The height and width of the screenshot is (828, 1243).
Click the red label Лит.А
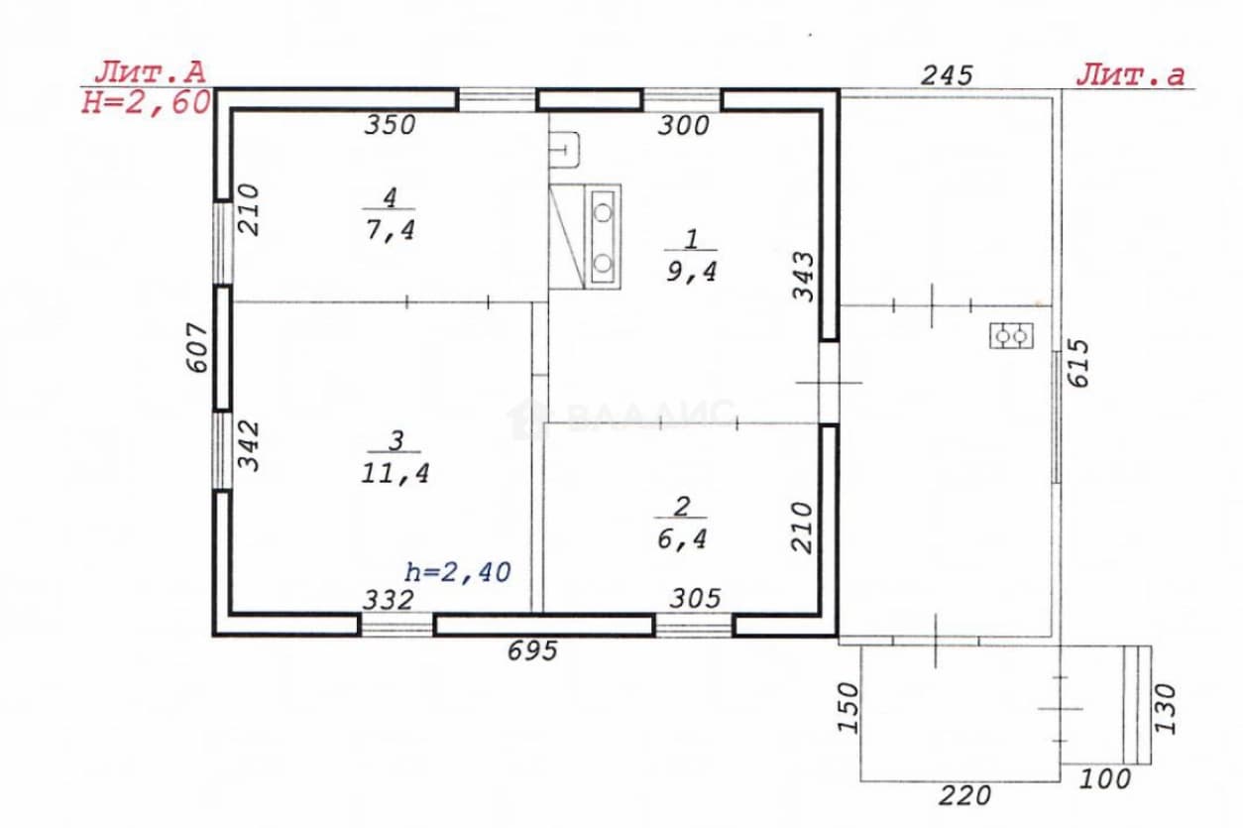click(x=150, y=72)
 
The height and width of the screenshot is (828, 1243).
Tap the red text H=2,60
click(x=146, y=103)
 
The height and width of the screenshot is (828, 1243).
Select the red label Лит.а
click(x=1130, y=75)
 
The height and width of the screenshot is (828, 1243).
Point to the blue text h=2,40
click(x=458, y=572)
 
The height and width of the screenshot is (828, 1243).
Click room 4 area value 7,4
click(x=391, y=229)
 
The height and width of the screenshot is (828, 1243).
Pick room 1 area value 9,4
click(x=692, y=272)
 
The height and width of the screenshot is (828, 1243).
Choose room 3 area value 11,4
click(x=395, y=473)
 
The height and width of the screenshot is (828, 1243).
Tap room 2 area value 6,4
click(x=682, y=538)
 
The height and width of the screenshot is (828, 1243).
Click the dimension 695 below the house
click(x=532, y=651)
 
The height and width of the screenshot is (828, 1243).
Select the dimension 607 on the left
click(x=196, y=347)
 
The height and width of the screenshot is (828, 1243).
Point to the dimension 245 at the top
click(x=947, y=75)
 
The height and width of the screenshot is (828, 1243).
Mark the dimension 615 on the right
click(x=1079, y=364)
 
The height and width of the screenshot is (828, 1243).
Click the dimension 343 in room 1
click(x=803, y=277)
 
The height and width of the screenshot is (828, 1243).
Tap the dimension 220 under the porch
click(x=964, y=796)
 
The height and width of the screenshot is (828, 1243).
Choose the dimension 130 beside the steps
click(x=1166, y=709)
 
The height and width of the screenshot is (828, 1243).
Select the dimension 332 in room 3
click(x=389, y=600)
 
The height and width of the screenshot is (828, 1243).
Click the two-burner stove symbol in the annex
click(x=1012, y=336)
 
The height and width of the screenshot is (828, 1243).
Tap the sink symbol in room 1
click(x=564, y=150)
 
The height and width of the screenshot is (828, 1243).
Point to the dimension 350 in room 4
click(x=390, y=125)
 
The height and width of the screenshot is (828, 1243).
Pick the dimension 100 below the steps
click(x=1105, y=779)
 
